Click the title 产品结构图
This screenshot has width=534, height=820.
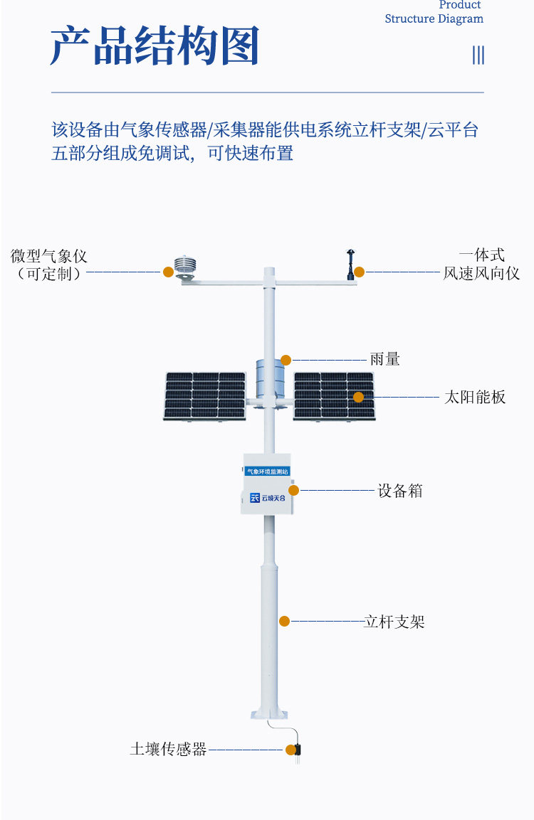[x=155, y=46]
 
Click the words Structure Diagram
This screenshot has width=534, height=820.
[x=434, y=18]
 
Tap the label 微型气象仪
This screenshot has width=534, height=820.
[x=48, y=256]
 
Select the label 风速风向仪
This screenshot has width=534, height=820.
[x=481, y=273]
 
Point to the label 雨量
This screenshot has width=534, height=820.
[x=384, y=359]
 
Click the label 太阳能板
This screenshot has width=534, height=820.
[x=475, y=397]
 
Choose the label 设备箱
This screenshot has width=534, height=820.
[x=400, y=491]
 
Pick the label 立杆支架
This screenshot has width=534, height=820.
[x=394, y=622]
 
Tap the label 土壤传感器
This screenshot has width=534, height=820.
[x=168, y=749]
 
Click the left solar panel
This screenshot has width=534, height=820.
[x=205, y=396]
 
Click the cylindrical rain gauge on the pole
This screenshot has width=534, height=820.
[x=270, y=378]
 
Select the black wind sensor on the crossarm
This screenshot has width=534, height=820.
[x=350, y=265]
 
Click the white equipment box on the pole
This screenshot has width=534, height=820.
[x=266, y=484]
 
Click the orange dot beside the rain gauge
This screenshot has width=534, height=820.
[x=286, y=360]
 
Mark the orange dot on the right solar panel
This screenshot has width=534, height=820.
[x=359, y=397]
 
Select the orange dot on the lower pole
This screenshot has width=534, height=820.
[x=284, y=622]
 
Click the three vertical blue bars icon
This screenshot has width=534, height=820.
[x=478, y=55]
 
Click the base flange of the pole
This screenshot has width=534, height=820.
[x=269, y=713]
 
